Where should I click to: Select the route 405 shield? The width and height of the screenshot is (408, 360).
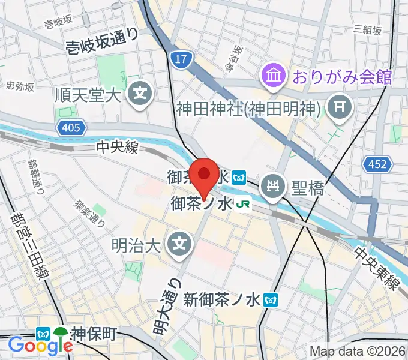click(72, 127)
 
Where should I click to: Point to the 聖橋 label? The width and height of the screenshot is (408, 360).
click(308, 189)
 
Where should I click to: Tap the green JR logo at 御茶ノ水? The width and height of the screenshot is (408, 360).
click(244, 204)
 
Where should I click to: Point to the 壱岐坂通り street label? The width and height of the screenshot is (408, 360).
click(102, 39)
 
